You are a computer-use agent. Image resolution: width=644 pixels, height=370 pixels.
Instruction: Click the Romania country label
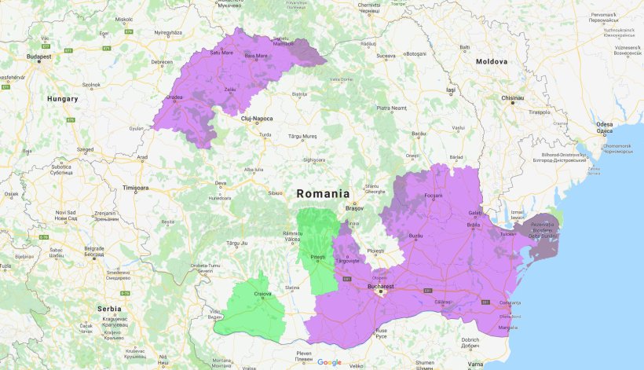(x=323, y=193)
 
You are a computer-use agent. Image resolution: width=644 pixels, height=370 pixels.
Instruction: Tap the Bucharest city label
(x=381, y=288)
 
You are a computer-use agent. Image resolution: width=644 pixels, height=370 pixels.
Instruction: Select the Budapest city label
(x=38, y=57)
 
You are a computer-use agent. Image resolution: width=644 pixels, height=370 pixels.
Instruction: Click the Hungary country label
(x=63, y=99)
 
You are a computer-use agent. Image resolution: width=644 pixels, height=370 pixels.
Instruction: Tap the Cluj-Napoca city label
(x=257, y=119)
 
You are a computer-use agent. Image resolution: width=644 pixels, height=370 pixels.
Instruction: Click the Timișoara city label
(x=135, y=189)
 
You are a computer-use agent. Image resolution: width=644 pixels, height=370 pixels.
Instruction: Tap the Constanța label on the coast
(x=510, y=303)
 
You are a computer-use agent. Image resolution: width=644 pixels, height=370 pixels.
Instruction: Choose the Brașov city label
(x=355, y=209)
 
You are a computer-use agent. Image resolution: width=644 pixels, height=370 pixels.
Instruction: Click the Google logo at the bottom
(x=330, y=362)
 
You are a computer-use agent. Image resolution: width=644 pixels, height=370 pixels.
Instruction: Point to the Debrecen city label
(x=162, y=61)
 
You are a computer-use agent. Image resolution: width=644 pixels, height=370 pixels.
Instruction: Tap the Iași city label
(x=450, y=90)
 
